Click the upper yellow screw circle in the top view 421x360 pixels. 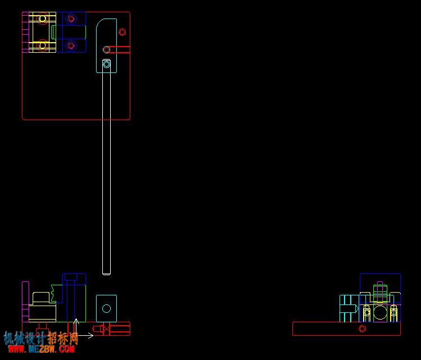click(42, 19)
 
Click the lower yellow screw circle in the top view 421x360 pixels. click(42, 45)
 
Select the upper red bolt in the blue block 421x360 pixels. click(71, 19)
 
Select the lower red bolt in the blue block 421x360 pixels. click(71, 45)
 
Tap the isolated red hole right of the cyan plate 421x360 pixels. click(122, 32)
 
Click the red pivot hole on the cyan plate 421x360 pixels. click(106, 49)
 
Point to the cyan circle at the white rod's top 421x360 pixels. click(106, 64)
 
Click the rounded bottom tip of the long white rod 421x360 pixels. click(106, 274)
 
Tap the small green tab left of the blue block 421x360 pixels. click(53, 32)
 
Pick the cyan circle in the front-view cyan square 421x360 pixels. click(106, 308)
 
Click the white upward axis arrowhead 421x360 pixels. click(76, 321)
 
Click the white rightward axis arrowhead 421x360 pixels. click(90, 335)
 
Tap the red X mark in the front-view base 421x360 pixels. click(107, 329)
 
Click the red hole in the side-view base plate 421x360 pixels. click(362, 329)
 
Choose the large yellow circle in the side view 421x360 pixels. click(380, 312)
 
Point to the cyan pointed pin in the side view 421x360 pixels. click(349, 309)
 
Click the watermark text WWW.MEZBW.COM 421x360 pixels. click(42, 349)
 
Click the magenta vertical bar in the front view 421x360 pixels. click(25, 302)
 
